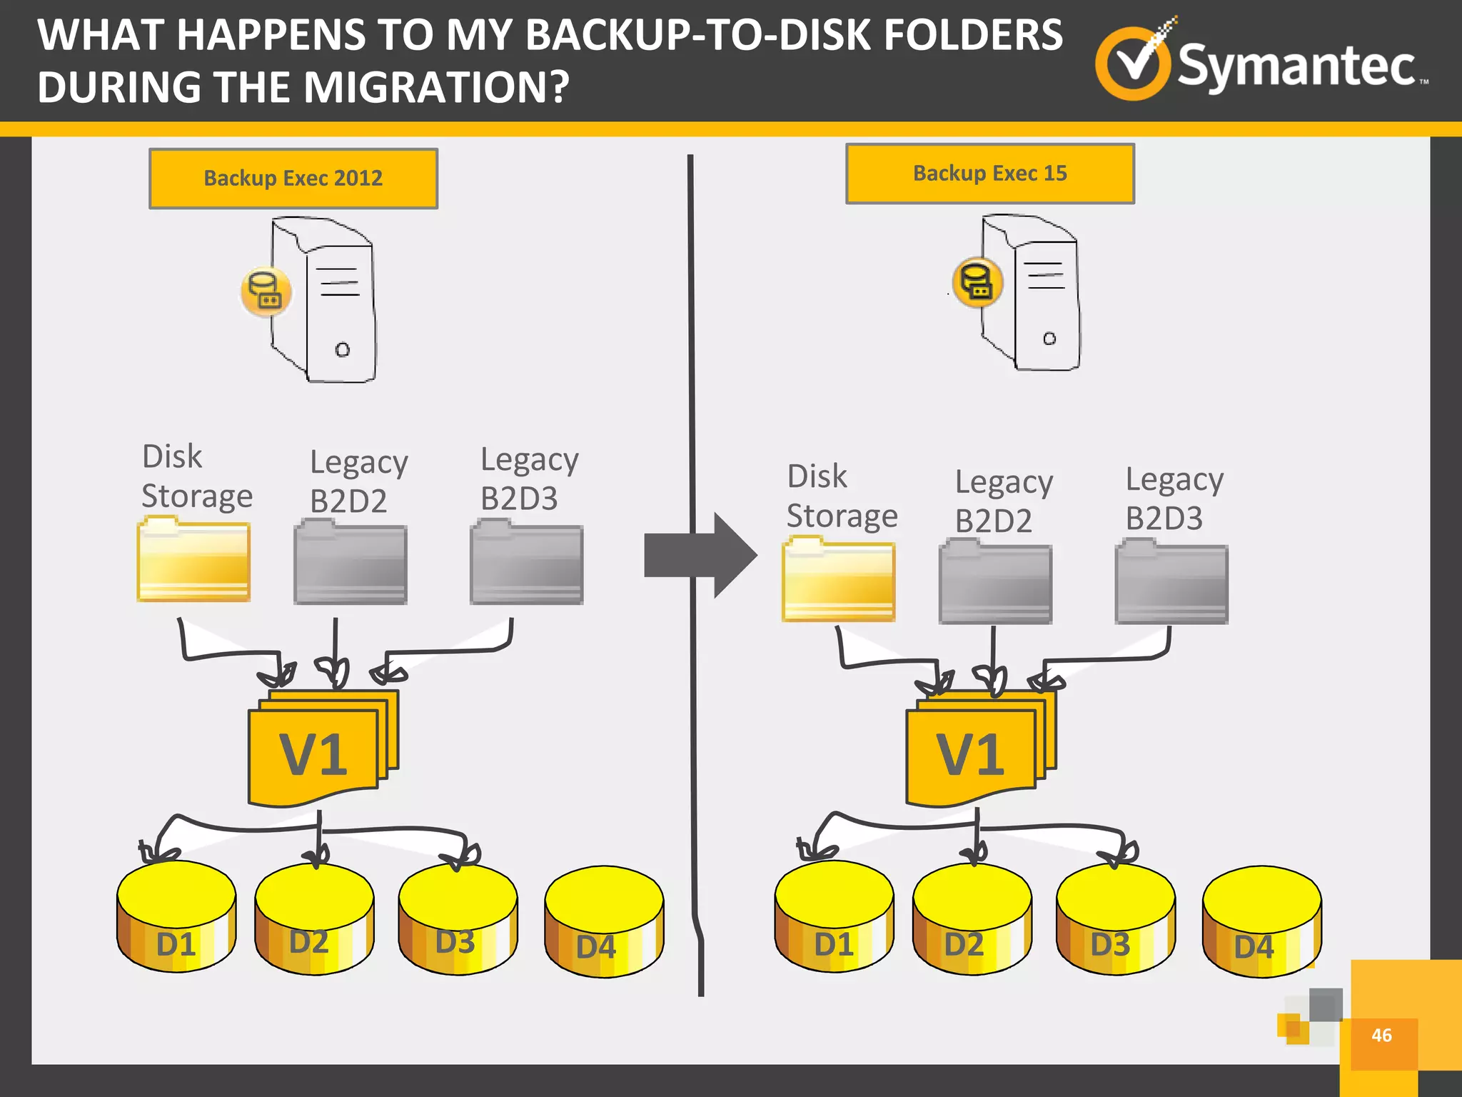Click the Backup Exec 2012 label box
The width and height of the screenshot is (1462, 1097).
pyautogui.click(x=293, y=179)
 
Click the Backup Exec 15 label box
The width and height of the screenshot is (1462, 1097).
pyautogui.click(x=989, y=174)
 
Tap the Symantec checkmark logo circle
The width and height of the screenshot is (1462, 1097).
pyautogui.click(x=1133, y=64)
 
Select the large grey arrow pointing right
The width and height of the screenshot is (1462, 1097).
pyautogui.click(x=700, y=555)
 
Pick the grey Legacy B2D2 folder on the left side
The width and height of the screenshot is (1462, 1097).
pyautogui.click(x=351, y=563)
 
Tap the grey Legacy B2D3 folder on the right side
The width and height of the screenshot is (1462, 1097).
pyautogui.click(x=1171, y=583)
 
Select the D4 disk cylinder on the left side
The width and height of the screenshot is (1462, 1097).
pyautogui.click(x=604, y=921)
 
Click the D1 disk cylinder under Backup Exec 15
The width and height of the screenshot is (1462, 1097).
pyautogui.click(x=834, y=917)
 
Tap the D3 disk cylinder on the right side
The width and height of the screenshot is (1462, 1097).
pyautogui.click(x=1115, y=919)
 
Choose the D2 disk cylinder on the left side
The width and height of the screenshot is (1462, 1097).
pyautogui.click(x=314, y=919)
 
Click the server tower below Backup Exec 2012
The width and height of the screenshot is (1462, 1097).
pyautogui.click(x=328, y=300)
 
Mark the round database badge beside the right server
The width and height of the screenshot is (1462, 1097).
pyautogui.click(x=977, y=282)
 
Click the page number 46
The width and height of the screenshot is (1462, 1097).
pyautogui.click(x=1381, y=1035)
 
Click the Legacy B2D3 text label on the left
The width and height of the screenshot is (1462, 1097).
pyautogui.click(x=528, y=479)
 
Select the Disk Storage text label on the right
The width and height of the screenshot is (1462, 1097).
pyautogui.click(x=841, y=496)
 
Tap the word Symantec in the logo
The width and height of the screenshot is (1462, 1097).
pyautogui.click(x=1296, y=66)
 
